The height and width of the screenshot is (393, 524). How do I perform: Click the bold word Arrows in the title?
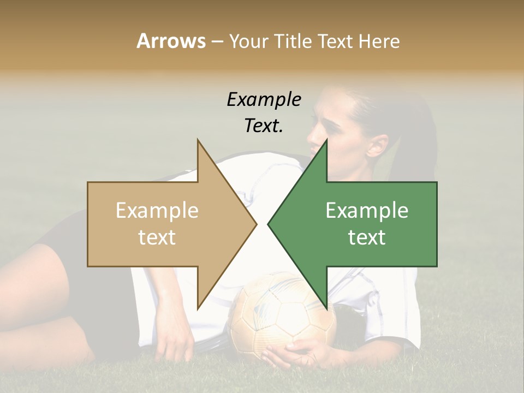[x=171, y=41]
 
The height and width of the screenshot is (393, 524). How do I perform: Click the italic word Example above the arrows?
[x=264, y=99]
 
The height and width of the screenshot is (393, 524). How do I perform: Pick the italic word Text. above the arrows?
[x=264, y=126]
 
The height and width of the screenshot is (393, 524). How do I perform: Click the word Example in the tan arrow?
[x=157, y=211]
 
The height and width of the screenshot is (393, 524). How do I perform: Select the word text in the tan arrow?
[x=157, y=237]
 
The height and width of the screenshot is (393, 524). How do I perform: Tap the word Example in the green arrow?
[x=367, y=211]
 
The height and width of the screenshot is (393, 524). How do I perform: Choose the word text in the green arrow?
[x=367, y=237]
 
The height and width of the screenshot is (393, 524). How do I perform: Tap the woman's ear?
[x=377, y=145]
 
